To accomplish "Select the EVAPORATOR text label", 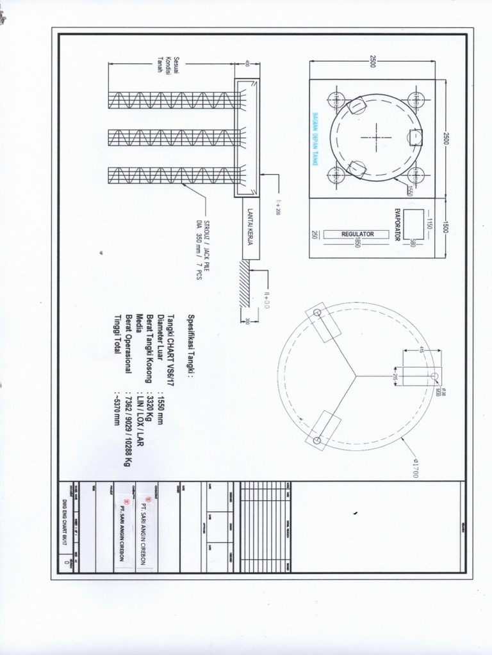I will tap(397, 223).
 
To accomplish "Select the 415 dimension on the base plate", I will tap(422, 349).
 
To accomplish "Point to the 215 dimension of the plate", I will tap(395, 376).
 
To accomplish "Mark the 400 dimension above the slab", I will tap(247, 64).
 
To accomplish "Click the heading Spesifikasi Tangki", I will tap(190, 345).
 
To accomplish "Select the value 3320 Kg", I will tap(149, 405).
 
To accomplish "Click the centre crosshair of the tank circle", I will tap(376, 136).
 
